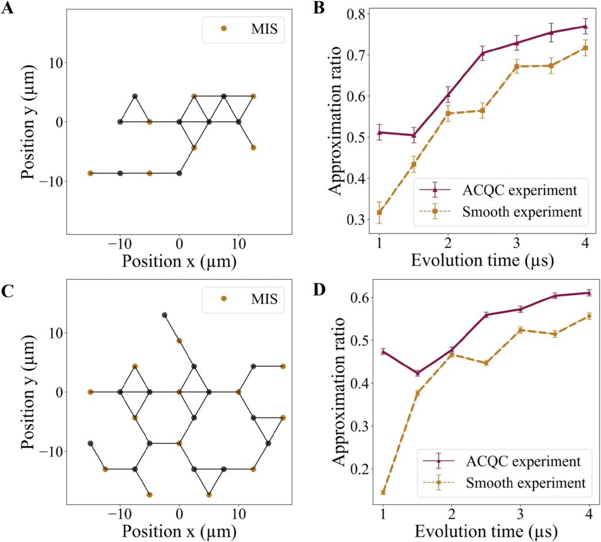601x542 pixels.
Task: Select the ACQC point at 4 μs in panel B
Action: click(585, 26)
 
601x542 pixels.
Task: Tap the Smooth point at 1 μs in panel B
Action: click(379, 212)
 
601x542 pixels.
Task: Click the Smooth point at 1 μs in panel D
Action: click(383, 492)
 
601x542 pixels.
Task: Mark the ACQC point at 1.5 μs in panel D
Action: click(417, 373)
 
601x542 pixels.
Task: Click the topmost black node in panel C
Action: click(164, 315)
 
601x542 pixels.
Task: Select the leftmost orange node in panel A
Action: click(90, 173)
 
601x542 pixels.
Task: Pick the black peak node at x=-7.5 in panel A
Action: click(134, 96)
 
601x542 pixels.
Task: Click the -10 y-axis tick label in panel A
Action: click(49, 181)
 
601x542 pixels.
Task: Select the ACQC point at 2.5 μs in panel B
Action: click(482, 53)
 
